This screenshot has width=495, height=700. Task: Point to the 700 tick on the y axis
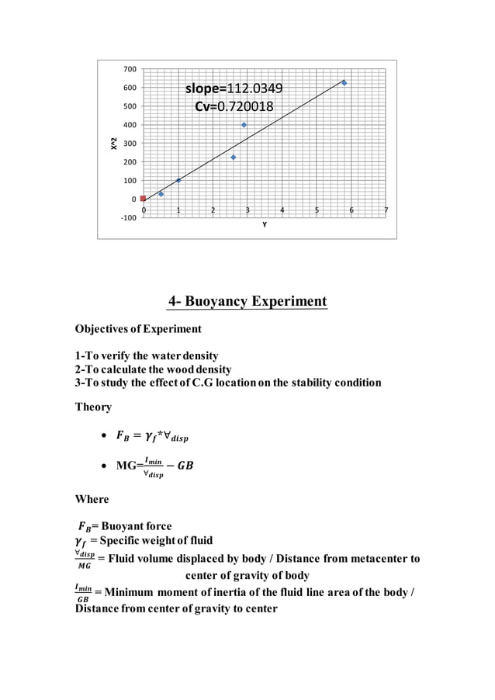[x=130, y=70]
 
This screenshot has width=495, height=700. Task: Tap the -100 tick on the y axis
[x=128, y=217]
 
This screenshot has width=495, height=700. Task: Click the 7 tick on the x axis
[x=386, y=210]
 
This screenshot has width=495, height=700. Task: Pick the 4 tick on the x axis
[x=282, y=210]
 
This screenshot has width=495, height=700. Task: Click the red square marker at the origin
[x=143, y=199]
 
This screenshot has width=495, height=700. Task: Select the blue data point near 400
[x=244, y=125]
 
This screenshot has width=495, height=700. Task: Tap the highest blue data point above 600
[x=344, y=83]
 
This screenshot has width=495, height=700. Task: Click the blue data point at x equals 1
[x=178, y=180]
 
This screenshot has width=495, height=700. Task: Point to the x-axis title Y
[x=264, y=225]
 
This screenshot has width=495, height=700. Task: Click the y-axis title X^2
[x=114, y=144]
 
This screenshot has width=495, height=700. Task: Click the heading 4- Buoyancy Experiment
[x=247, y=301]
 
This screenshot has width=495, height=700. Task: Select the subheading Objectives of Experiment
[x=137, y=329]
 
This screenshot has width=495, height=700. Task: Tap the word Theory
[x=93, y=407]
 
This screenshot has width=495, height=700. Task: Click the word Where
[x=92, y=499]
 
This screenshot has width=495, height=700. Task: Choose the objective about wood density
[x=153, y=369]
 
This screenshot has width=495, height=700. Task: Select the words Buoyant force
[x=137, y=526]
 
